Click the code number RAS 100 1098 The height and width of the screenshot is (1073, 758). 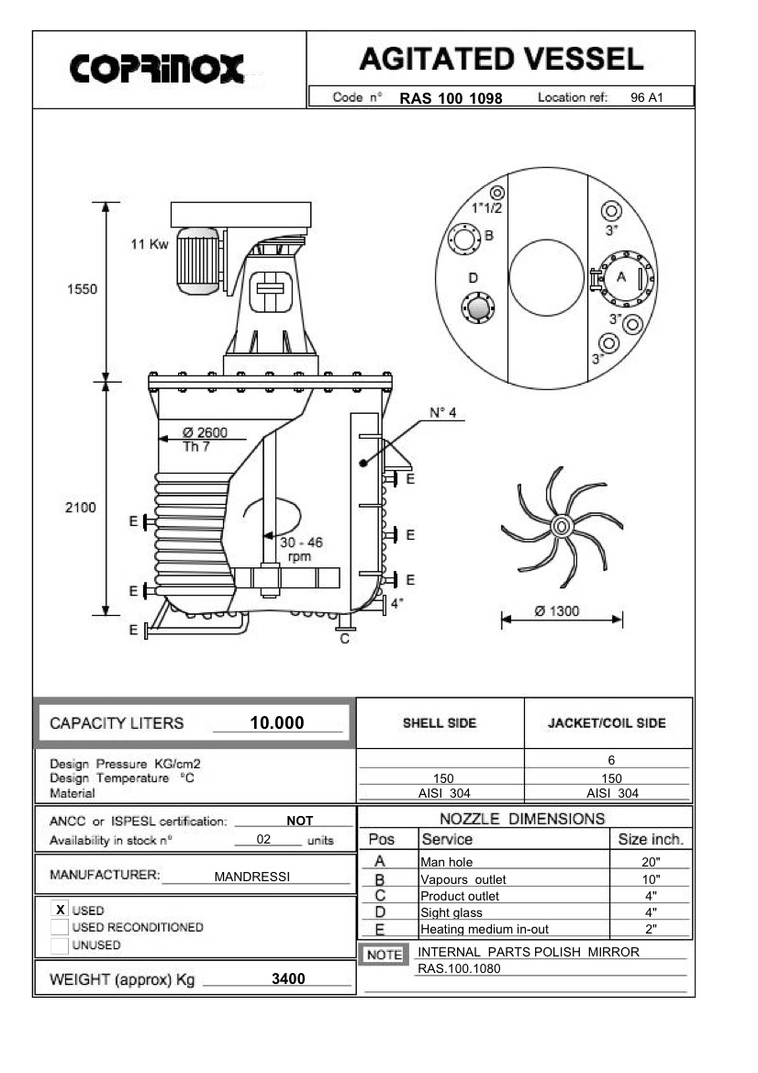click(451, 98)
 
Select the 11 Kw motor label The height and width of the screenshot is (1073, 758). click(149, 246)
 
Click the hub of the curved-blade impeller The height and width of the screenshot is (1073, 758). click(560, 526)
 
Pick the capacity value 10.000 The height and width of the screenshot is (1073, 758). click(276, 723)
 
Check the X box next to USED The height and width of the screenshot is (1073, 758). click(61, 910)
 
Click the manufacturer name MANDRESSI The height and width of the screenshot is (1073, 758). click(251, 877)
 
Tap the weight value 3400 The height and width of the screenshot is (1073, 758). click(288, 979)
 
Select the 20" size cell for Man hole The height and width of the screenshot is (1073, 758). click(652, 862)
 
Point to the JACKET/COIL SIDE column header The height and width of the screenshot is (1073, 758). click(607, 723)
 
